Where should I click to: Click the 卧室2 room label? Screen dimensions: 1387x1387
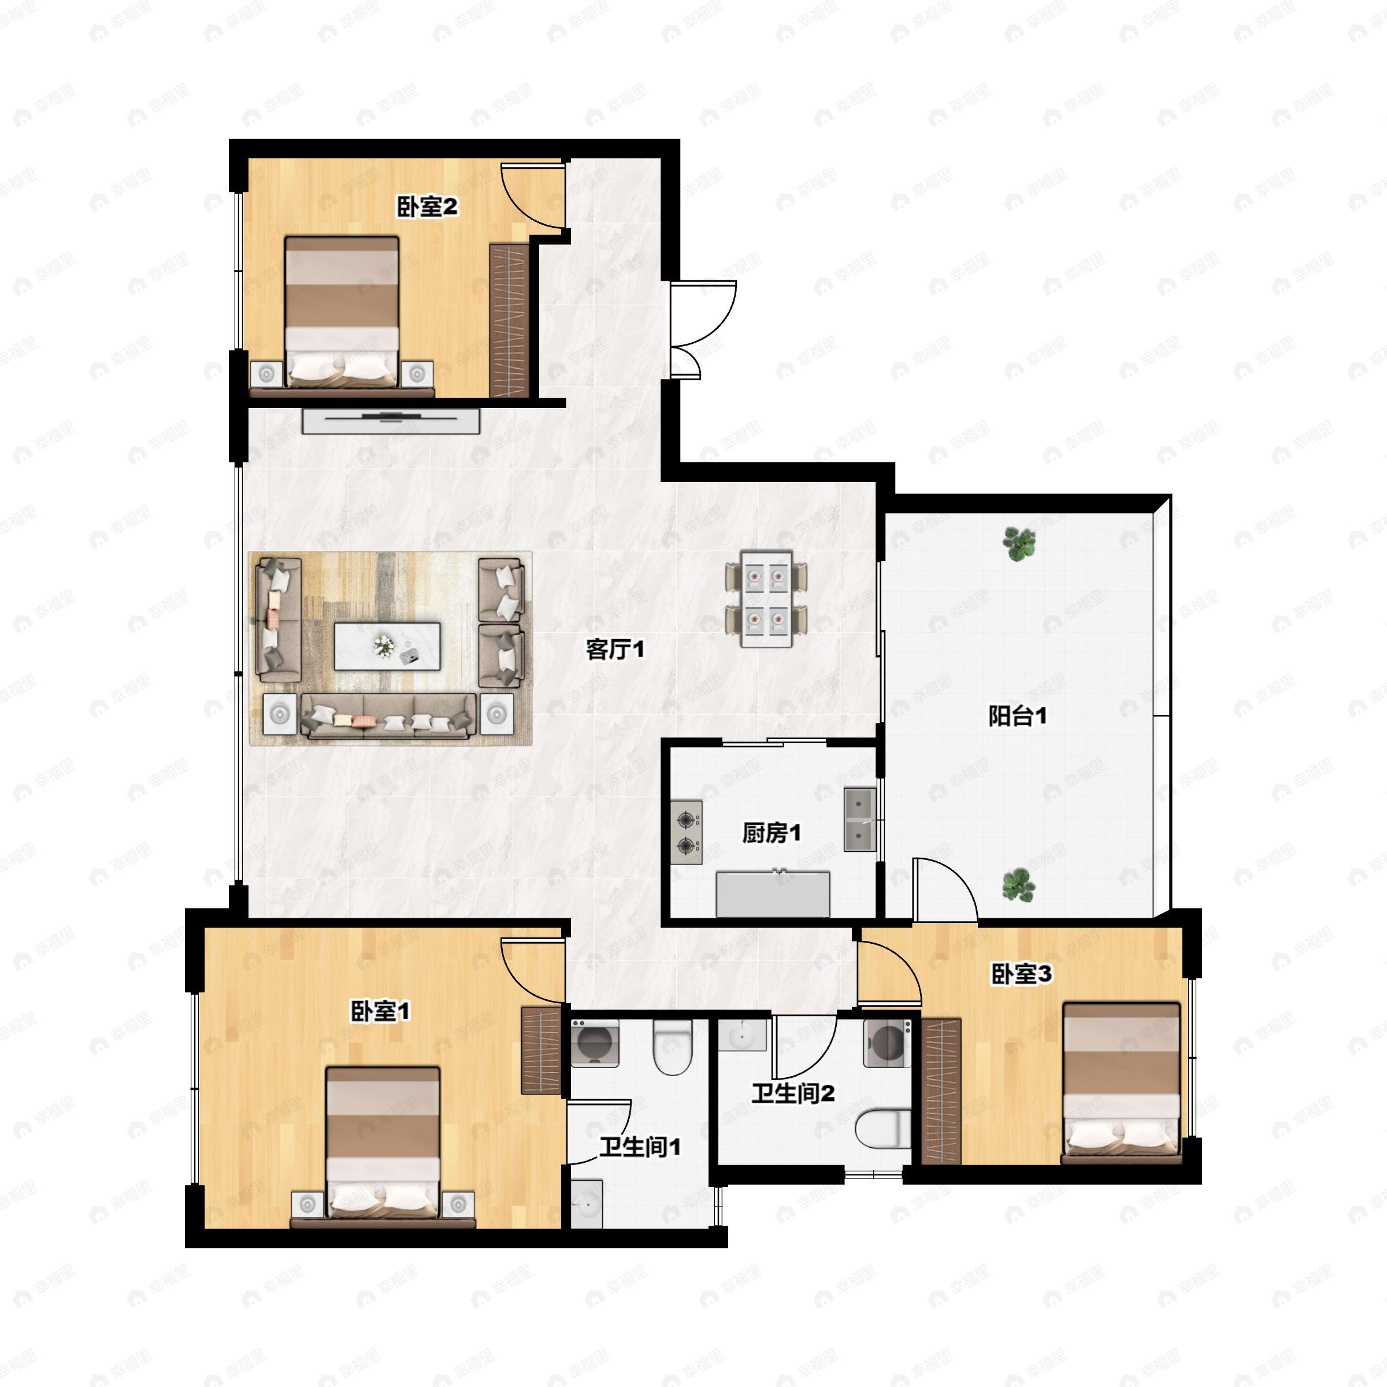pos(427,207)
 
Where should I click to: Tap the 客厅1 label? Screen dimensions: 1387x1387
pos(615,650)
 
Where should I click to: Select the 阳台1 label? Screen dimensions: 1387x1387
pos(1017,716)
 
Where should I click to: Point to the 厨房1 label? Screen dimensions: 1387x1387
pos(771,833)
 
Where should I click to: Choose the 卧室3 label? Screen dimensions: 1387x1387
pos(1022,974)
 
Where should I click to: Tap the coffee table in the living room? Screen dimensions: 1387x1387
pos(387,646)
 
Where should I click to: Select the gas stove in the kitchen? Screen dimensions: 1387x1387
pos(687,832)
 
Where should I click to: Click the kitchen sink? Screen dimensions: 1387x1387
pos(859,819)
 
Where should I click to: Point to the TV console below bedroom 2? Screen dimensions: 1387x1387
pos(391,421)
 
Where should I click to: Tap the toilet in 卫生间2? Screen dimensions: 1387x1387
pos(884,1128)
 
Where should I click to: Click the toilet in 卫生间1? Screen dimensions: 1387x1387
pos(673,1049)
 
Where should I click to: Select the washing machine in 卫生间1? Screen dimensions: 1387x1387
pos(595,1043)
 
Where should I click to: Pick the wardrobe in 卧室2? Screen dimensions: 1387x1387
pos(509,320)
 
